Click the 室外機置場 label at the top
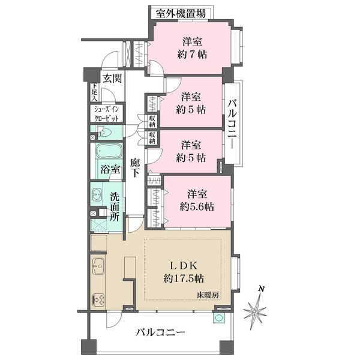(x=181, y=14)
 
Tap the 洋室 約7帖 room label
(x=192, y=48)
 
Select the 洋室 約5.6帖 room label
(x=197, y=200)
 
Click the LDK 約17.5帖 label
(x=184, y=272)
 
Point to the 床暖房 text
(x=208, y=295)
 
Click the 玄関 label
(x=112, y=79)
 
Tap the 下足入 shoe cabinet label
(x=95, y=92)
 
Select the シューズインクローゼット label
(x=107, y=114)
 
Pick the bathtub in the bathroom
(x=109, y=151)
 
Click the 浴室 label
(x=110, y=170)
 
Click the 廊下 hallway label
(x=135, y=168)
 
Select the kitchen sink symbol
(x=98, y=266)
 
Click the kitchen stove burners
(x=98, y=301)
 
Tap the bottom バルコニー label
(x=160, y=332)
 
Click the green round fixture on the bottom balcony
(x=219, y=318)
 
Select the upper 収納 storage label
(x=152, y=121)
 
